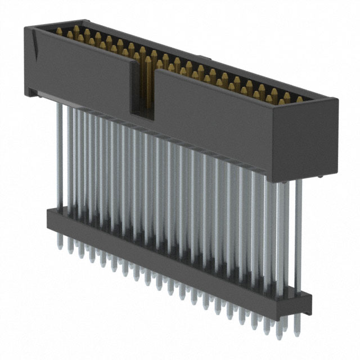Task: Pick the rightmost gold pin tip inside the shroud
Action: coord(299,100)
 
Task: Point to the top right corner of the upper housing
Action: coord(336,101)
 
